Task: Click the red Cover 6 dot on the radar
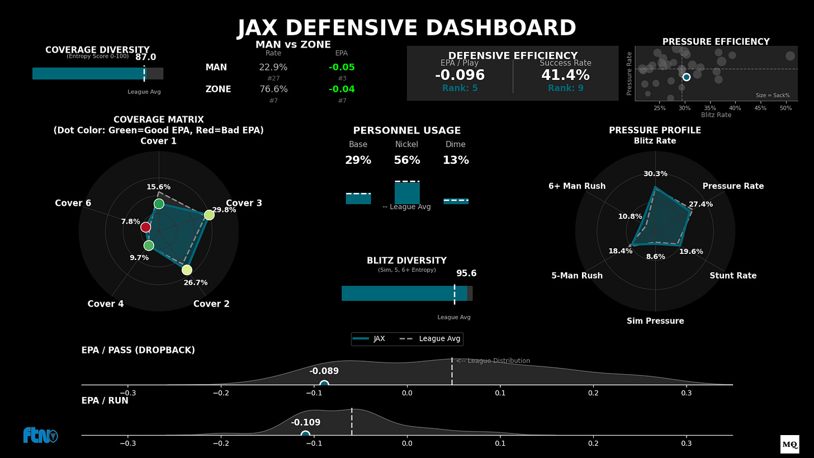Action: click(x=146, y=227)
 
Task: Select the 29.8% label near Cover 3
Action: click(x=224, y=210)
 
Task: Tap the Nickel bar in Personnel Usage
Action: click(x=407, y=193)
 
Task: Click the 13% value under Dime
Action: click(x=456, y=160)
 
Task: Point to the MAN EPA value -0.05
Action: click(x=342, y=68)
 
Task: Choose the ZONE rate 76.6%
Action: click(x=273, y=89)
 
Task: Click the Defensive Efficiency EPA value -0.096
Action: click(x=460, y=75)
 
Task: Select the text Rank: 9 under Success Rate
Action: click(x=566, y=88)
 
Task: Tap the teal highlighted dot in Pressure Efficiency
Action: click(x=686, y=77)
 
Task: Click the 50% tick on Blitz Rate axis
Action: click(x=785, y=107)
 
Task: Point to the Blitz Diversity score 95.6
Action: click(x=466, y=273)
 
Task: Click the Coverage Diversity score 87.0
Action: click(x=145, y=57)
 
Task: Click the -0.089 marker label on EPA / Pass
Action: click(x=324, y=371)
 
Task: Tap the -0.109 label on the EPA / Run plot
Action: click(x=305, y=423)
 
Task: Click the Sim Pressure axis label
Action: click(x=655, y=321)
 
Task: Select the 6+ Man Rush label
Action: click(x=577, y=186)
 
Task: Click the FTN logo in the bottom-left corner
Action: click(x=40, y=436)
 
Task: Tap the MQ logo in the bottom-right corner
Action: click(x=789, y=445)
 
